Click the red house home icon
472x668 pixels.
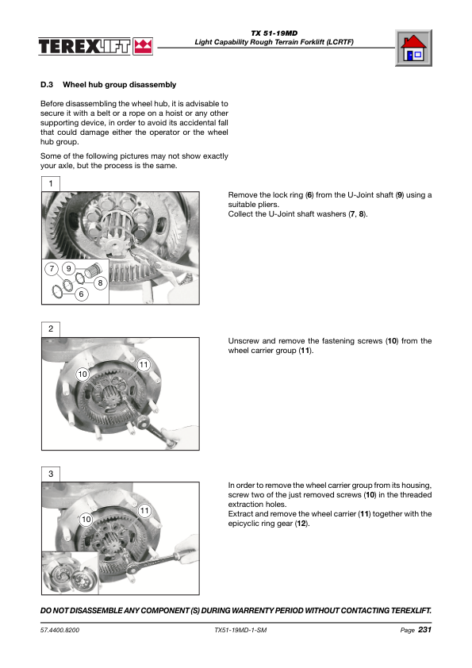click(413, 48)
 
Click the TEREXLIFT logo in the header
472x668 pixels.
click(95, 46)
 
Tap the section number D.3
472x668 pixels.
click(47, 85)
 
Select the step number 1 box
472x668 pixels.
click(51, 183)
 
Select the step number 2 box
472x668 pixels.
click(51, 329)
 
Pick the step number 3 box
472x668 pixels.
click(51, 474)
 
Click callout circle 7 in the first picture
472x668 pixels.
click(52, 268)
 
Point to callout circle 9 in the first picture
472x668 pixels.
click(68, 268)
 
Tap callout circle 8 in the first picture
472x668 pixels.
click(100, 283)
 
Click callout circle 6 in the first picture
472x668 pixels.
click(82, 294)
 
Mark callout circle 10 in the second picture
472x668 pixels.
click(83, 374)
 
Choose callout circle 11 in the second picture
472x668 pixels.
click(144, 365)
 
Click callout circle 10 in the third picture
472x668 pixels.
click(86, 520)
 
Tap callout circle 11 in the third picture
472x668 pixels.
click(145, 510)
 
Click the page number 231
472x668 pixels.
click(424, 630)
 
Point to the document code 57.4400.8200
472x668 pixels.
click(59, 630)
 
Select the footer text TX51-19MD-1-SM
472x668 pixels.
click(240, 630)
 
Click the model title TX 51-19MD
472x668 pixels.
click(274, 33)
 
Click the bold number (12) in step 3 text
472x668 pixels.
click(301, 524)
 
